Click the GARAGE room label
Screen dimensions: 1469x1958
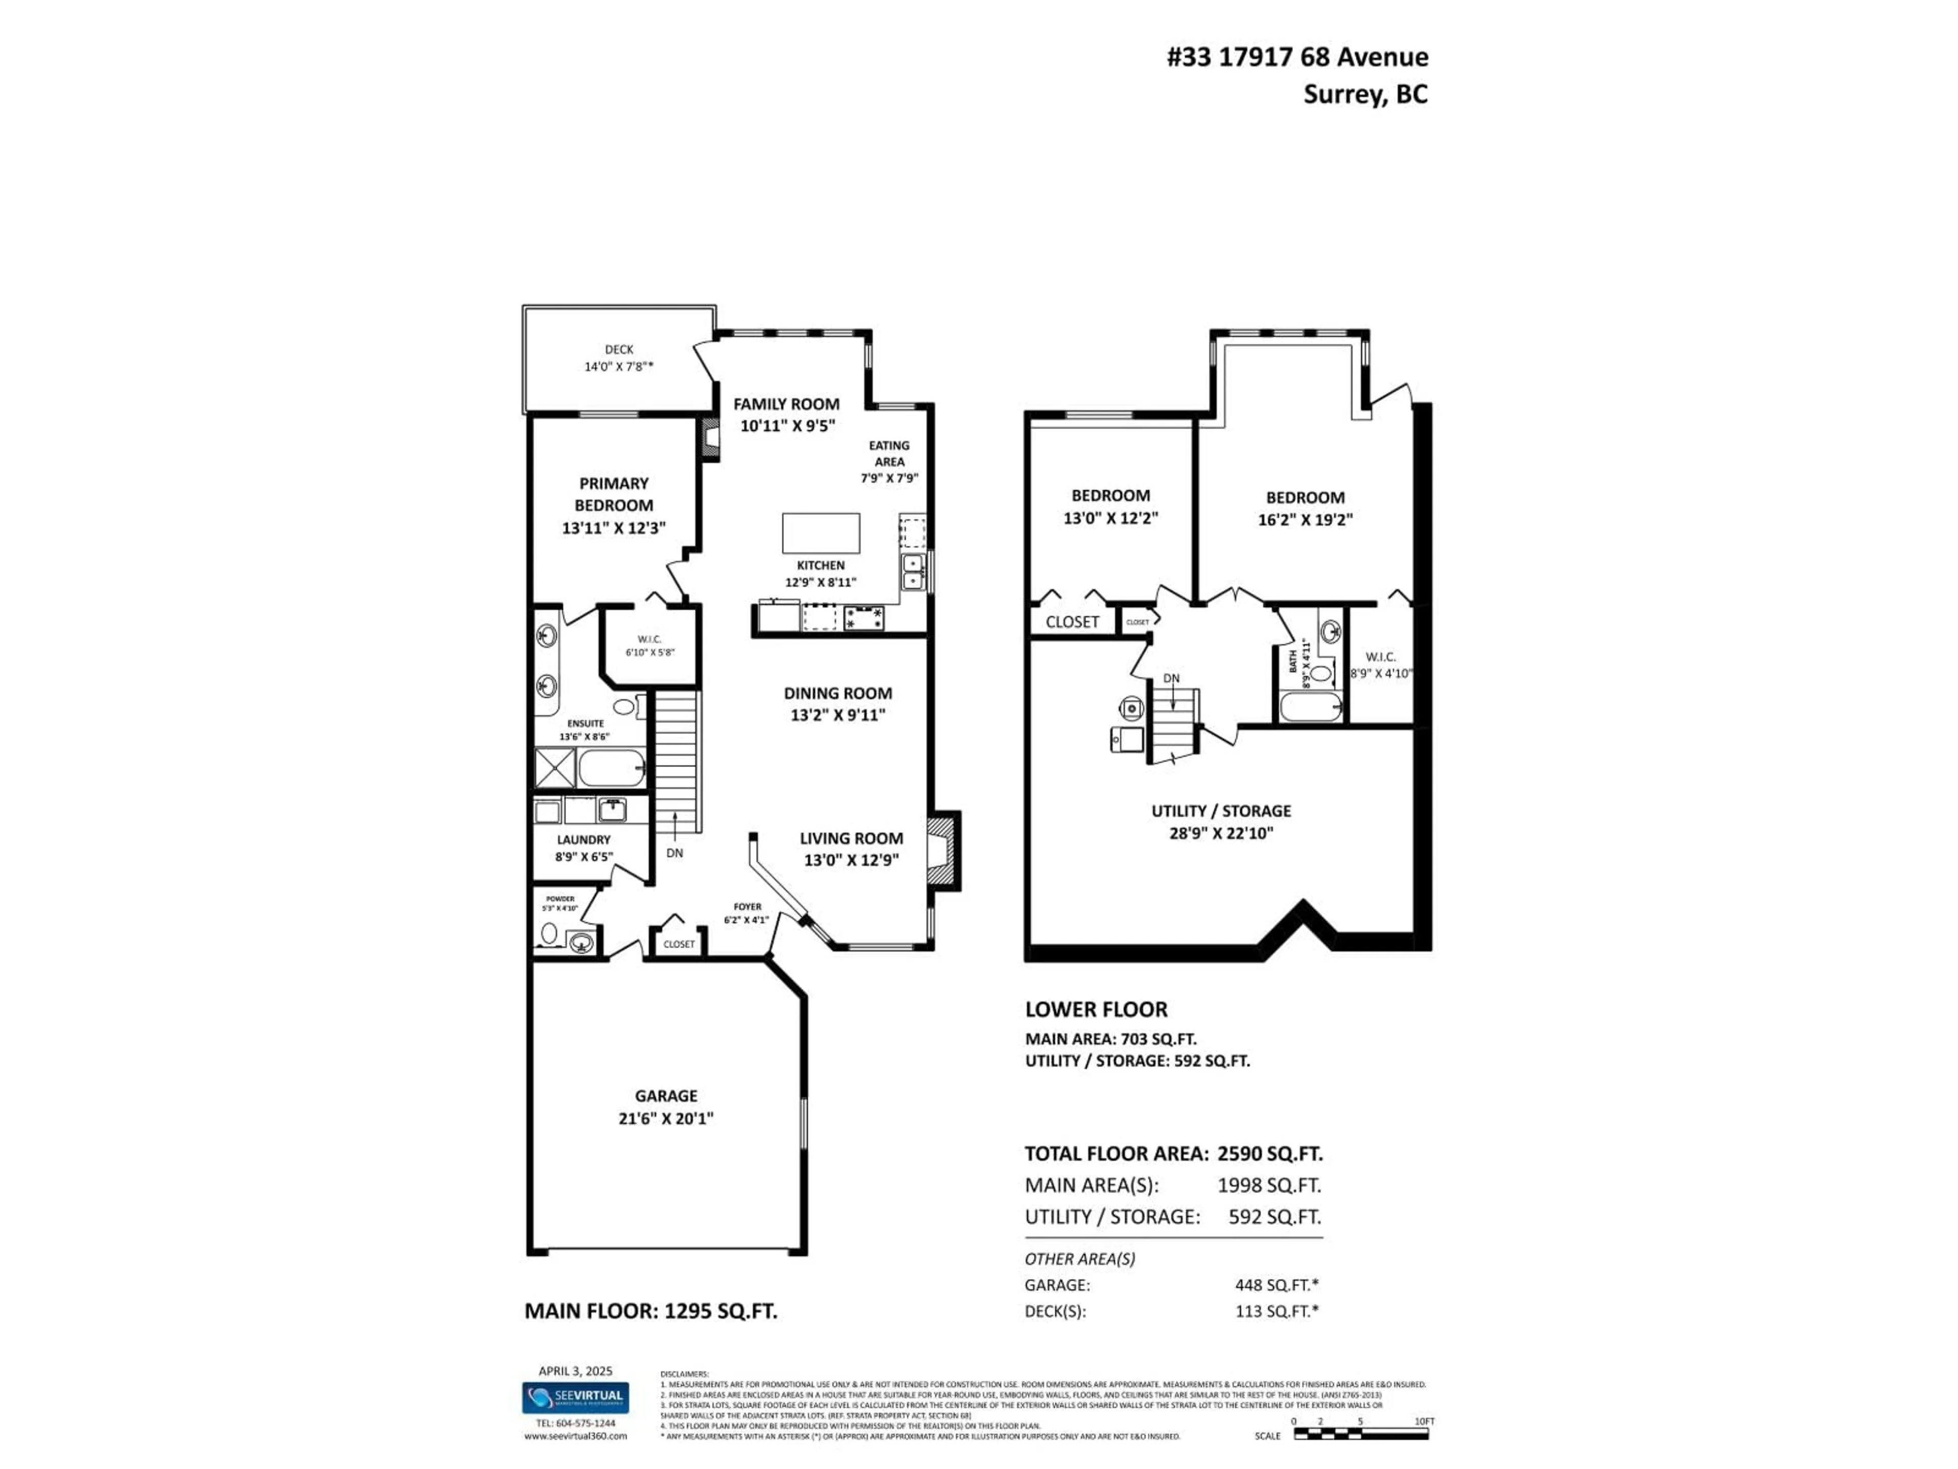665,1095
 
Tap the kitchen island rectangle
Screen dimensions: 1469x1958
820,533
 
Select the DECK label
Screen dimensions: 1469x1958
619,350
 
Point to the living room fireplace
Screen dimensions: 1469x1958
941,851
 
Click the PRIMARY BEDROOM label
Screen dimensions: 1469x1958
613,494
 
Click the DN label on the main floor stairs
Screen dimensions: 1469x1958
675,853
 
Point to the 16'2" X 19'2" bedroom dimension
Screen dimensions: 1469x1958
1305,520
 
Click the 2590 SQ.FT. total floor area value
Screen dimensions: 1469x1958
1269,1154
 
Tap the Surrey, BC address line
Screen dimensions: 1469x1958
1365,95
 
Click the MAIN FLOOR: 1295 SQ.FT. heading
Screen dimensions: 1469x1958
651,1311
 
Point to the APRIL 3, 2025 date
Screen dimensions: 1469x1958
575,1371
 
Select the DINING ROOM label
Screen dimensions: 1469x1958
837,693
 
